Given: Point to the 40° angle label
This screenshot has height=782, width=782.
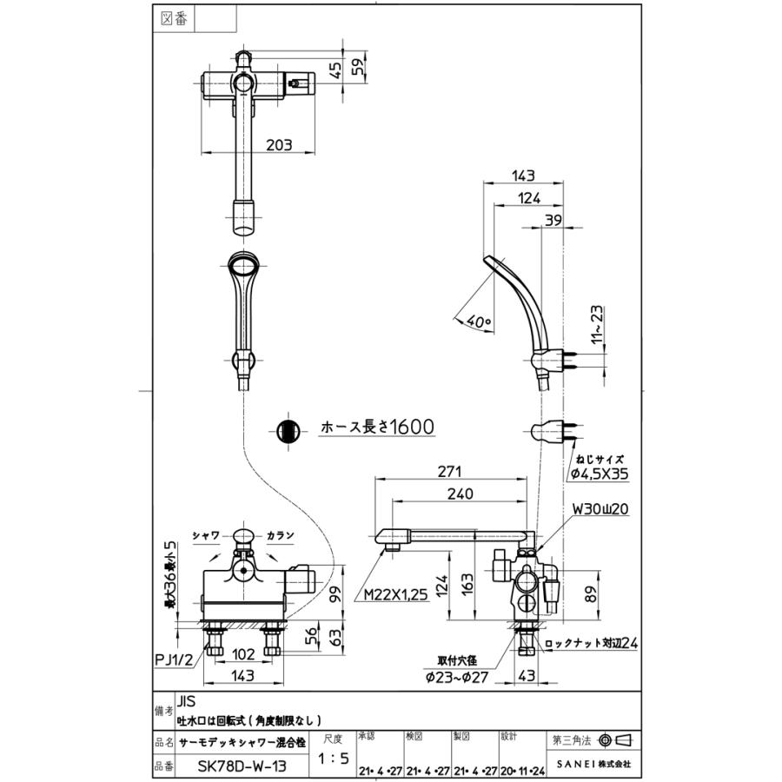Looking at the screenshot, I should tap(479, 321).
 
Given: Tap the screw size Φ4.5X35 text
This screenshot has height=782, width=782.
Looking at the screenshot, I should tap(599, 474).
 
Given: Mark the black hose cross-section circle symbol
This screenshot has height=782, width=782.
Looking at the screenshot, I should tap(288, 430).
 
